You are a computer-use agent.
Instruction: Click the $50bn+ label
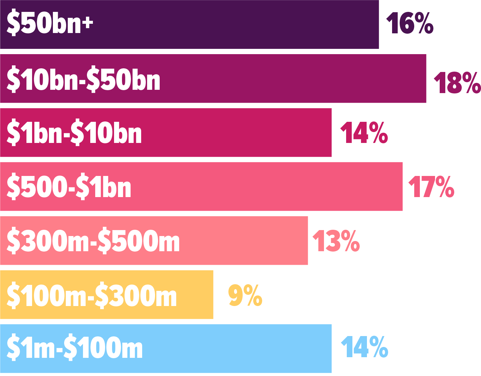coord(50,22)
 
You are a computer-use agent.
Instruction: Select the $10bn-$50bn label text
coord(83,79)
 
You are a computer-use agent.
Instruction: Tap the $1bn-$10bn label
coord(74,132)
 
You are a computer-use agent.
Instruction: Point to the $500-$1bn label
coord(69,186)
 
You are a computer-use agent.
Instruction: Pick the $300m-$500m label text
coord(93,241)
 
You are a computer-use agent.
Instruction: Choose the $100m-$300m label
coord(92,295)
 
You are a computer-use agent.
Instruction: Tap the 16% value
coord(410,23)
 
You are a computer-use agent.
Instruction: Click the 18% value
coord(457,83)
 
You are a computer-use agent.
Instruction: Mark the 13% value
coord(336,241)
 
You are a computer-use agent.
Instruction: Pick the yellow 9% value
coord(245,295)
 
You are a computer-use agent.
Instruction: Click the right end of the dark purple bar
coord(379,24)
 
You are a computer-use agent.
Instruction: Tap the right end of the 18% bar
coord(426,79)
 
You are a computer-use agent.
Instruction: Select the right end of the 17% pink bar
coord(402,187)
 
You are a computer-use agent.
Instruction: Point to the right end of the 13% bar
coord(308,241)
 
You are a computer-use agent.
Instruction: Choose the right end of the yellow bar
coord(213,295)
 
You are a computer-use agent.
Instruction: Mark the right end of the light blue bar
coord(331,349)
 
